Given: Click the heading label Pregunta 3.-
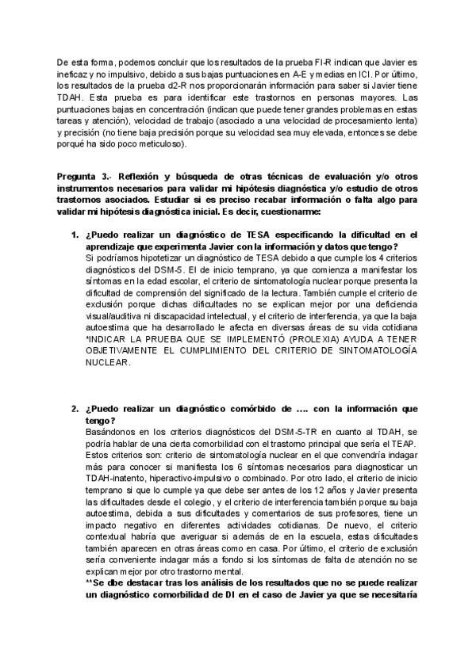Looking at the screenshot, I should coord(83,176).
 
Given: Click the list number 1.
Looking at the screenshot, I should coord(75,235).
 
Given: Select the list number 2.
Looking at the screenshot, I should coord(75,408).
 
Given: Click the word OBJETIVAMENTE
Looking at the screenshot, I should coord(122,351).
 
